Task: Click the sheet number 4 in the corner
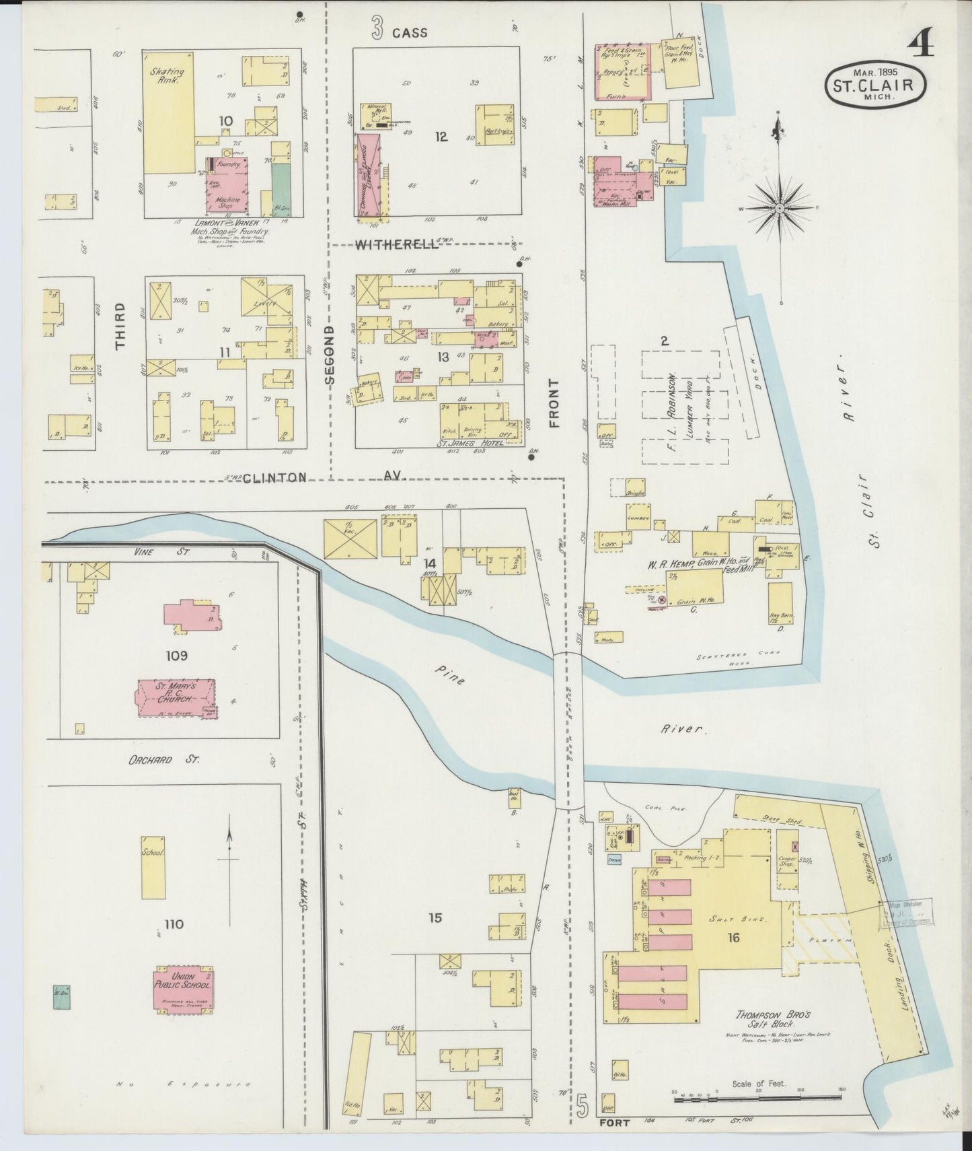(920, 45)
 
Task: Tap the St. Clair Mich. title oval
(876, 83)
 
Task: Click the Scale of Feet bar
(724, 1100)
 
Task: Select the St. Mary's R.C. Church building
(177, 698)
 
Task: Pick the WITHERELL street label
(397, 246)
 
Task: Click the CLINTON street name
(274, 477)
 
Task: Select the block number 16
(733, 937)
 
